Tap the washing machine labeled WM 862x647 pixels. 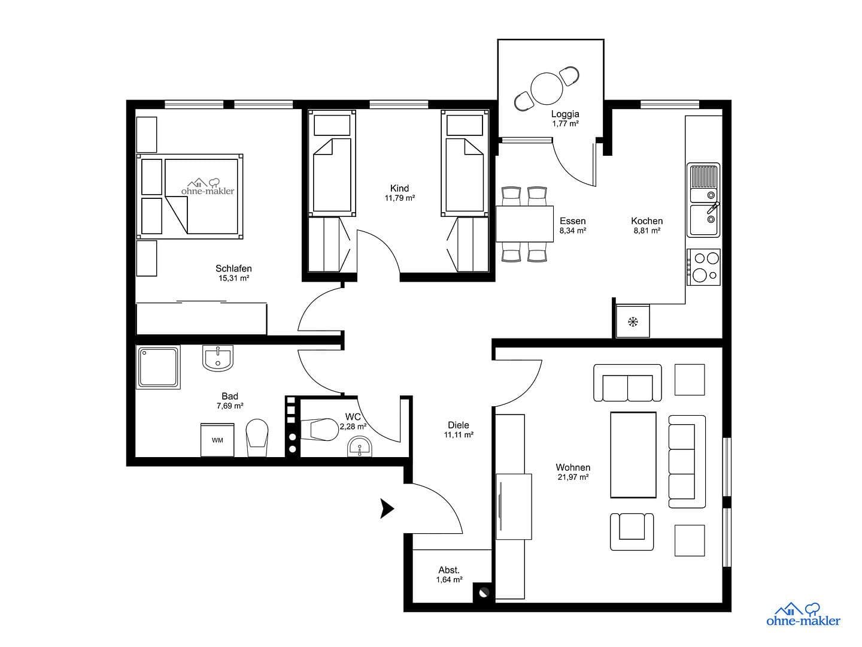coord(217,440)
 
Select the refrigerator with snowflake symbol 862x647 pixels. coord(633,322)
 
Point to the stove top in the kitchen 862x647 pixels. coord(704,267)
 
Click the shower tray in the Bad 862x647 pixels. coord(158,367)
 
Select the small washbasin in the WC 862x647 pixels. coord(360,447)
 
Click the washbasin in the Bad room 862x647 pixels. coord(218,359)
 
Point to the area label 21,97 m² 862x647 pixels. coord(573,477)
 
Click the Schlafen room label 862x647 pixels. coord(233,268)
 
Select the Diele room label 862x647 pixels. coord(459,425)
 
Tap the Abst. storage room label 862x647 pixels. coord(449,570)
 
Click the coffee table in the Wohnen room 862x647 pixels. coord(633,455)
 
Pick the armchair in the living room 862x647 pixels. coord(632,531)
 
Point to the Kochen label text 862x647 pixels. coord(646,220)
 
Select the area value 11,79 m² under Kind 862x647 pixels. coord(400,198)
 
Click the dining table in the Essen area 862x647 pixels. coord(525,224)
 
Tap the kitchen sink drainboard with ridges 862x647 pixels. coord(704,176)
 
